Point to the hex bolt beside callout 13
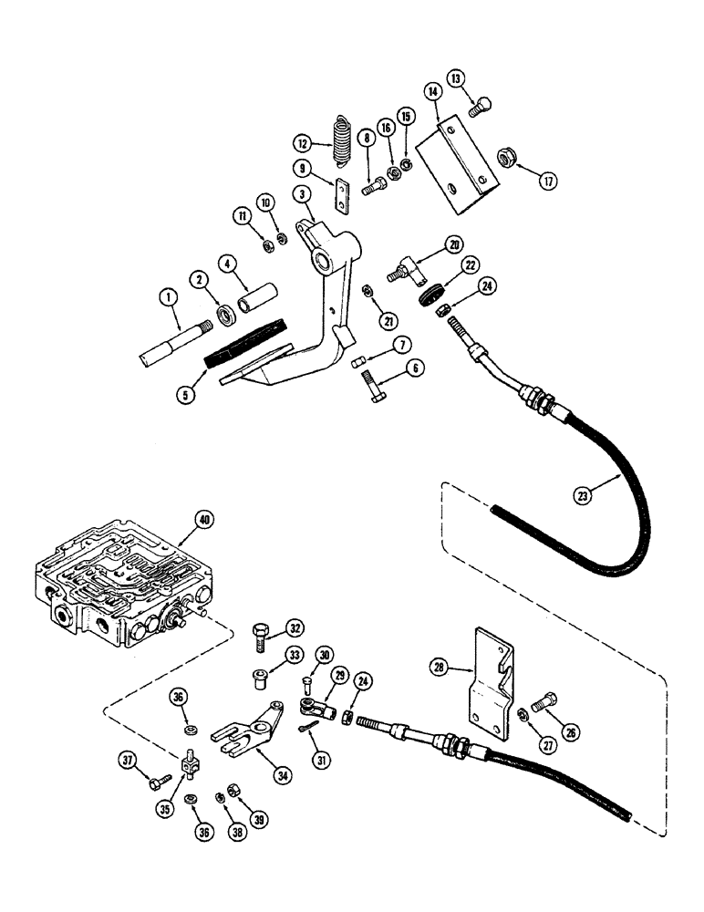477,107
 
